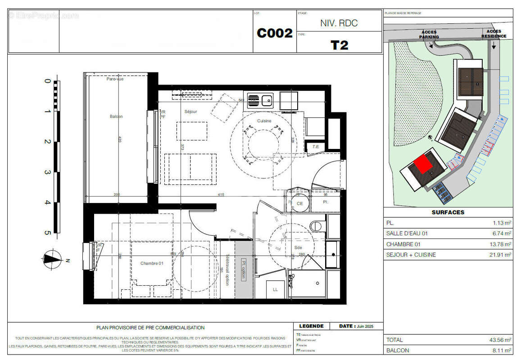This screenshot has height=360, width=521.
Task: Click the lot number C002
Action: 274,33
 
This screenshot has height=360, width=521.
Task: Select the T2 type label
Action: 339,45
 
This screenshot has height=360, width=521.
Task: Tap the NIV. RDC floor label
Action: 339,23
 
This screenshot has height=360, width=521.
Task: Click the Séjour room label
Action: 191,112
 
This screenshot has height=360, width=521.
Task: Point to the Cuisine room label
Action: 264,121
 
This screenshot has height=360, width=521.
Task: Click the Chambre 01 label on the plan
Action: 152,263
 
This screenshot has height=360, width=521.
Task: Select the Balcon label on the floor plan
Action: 116,117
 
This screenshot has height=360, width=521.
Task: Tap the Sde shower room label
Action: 298,247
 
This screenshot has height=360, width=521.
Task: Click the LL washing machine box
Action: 275,289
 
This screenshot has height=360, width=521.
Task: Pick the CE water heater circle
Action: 299,203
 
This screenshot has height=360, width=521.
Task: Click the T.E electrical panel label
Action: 315,147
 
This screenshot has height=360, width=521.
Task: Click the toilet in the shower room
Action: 317,225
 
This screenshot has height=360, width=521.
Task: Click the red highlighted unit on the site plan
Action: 423,163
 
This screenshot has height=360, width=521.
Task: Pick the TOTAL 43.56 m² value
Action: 501,340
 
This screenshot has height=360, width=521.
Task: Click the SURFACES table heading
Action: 448,212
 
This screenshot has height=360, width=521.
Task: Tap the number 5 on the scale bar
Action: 47,233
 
